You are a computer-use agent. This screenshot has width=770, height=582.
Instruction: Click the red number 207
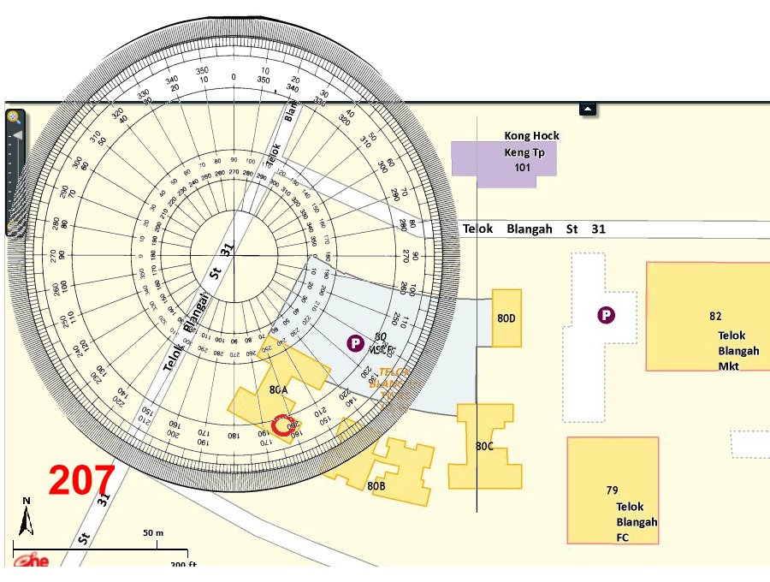[x=81, y=481]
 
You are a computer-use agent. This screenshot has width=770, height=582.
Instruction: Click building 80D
[x=506, y=318]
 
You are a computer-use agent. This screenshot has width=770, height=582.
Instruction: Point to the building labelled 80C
[x=485, y=446]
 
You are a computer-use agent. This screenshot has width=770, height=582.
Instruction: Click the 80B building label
[x=376, y=485]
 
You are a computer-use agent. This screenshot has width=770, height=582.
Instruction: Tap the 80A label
[x=278, y=389]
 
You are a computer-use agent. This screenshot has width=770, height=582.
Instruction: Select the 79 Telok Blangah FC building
[x=613, y=490]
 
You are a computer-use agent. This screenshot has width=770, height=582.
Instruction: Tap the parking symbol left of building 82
[x=607, y=316]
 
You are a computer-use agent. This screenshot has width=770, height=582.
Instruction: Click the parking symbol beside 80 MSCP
[x=354, y=343]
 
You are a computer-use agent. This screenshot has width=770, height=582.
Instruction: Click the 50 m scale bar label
[x=153, y=532]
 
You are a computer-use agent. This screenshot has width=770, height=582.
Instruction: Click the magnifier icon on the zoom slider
[x=14, y=116]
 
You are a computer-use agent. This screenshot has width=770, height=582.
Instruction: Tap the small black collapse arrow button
[x=587, y=109]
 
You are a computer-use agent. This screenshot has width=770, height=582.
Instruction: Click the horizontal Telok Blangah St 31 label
[x=534, y=229]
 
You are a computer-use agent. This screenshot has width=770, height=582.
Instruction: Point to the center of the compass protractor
[x=233, y=255]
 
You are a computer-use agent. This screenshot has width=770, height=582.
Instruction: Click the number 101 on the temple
[x=522, y=168]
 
